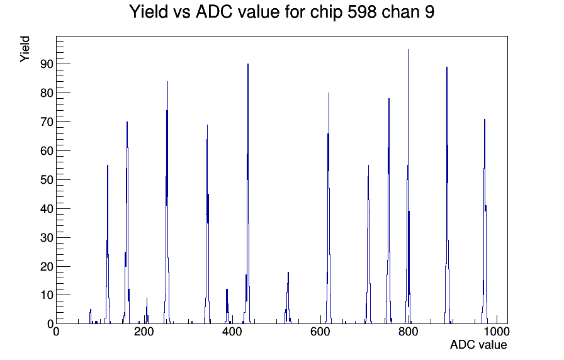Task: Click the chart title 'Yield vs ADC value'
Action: (x=205, y=12)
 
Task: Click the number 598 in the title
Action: (x=362, y=12)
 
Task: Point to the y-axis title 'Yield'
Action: (x=25, y=49)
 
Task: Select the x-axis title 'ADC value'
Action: (x=478, y=344)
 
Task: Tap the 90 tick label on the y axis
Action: (x=47, y=64)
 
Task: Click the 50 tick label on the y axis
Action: (x=47, y=180)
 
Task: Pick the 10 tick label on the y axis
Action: (x=47, y=295)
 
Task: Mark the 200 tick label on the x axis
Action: (x=144, y=332)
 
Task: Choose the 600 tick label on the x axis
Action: (x=320, y=332)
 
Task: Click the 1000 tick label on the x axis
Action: (x=497, y=332)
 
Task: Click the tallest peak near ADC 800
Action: (x=409, y=186)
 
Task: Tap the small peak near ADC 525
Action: (x=288, y=298)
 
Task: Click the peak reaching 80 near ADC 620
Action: (x=329, y=208)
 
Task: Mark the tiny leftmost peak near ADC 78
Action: (x=90, y=317)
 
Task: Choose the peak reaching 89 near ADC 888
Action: (x=447, y=195)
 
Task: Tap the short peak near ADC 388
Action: (x=227, y=307)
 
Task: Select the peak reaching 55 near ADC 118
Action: (x=108, y=244)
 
